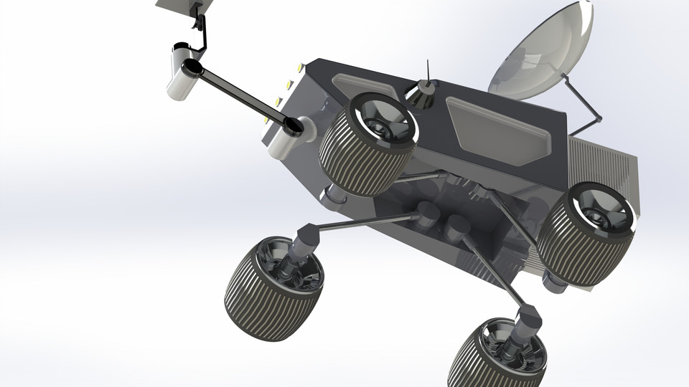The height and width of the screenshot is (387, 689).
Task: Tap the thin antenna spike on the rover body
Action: [428, 70]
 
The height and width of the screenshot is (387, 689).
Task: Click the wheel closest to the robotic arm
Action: [366, 143]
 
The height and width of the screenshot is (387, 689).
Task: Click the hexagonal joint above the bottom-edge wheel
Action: [527, 317]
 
